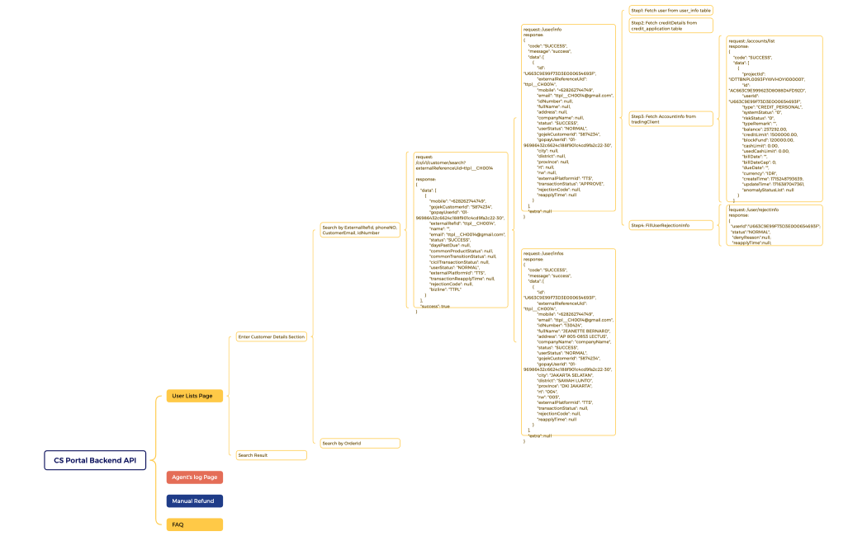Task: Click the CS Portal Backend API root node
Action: tap(95, 460)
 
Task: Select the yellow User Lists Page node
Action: tap(195, 396)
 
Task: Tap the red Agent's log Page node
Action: tap(195, 477)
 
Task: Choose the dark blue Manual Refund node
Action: tap(195, 501)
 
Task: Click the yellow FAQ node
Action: tap(195, 524)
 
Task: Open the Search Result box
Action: tap(271, 455)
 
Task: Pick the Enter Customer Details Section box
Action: tap(271, 336)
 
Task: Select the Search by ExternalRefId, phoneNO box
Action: tap(359, 229)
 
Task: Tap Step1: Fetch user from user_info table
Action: tap(670, 10)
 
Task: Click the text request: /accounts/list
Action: tap(751, 40)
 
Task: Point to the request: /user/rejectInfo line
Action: tap(753, 209)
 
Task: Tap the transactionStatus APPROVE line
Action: tap(571, 183)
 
